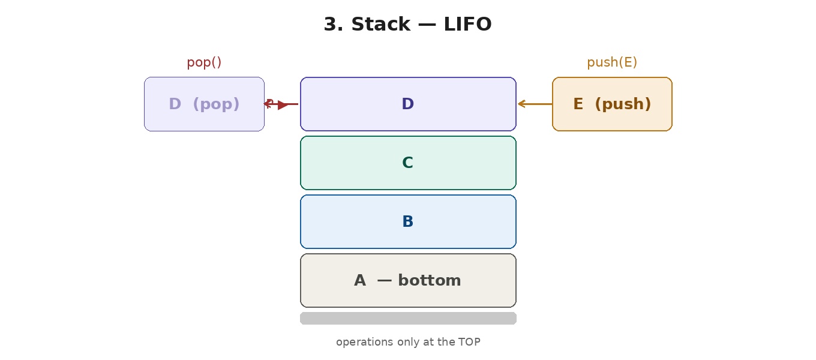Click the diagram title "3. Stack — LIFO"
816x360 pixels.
pos(407,25)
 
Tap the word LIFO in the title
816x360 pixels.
pos(468,25)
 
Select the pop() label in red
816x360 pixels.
pos(204,62)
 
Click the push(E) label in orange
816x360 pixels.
pos(612,62)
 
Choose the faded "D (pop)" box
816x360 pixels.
pos(204,104)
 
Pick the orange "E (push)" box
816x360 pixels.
pos(612,104)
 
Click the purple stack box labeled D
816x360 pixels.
pos(408,104)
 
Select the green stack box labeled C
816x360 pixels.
pos(408,163)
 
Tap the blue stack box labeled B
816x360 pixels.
pos(408,221)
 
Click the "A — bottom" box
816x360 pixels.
pos(408,280)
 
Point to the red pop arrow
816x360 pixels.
pos(282,104)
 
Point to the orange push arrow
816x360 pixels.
pos(535,104)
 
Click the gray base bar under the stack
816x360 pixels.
pos(408,318)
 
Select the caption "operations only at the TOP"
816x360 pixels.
pos(408,342)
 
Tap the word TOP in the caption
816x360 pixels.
pos(469,342)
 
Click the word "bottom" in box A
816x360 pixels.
pos(429,280)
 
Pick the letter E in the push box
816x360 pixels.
pos(578,104)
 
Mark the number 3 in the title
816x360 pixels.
pos(329,25)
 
